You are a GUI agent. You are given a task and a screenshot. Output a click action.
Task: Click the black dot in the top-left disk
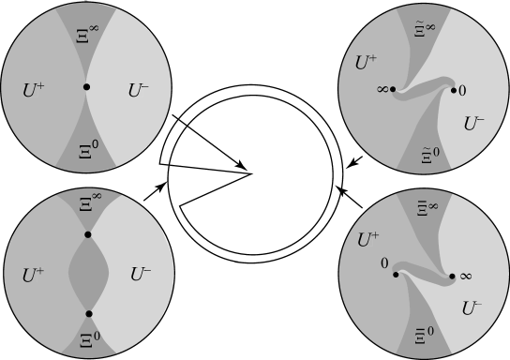pyautogui.click(x=86, y=87)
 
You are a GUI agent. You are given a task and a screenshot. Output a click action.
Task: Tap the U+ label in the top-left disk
pyautogui.click(x=31, y=92)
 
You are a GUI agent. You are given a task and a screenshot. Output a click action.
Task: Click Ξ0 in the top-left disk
pyautogui.click(x=86, y=148)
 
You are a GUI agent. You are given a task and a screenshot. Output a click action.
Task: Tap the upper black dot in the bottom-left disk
pyautogui.click(x=87, y=233)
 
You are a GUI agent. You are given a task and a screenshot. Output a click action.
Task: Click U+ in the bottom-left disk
pyautogui.click(x=32, y=275)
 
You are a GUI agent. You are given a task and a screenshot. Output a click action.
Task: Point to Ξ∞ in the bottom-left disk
pyautogui.click(x=87, y=201)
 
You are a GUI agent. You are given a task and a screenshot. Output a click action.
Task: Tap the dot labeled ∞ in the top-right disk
pyautogui.click(x=392, y=90)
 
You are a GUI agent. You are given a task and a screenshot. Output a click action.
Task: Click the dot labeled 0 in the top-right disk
pyautogui.click(x=455, y=90)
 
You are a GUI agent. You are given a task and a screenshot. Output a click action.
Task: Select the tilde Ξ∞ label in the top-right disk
pyautogui.click(x=425, y=31)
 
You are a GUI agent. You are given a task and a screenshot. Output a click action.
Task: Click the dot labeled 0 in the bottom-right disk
pyautogui.click(x=397, y=276)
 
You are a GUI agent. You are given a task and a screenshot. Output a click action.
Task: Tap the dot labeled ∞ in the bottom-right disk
pyautogui.click(x=453, y=276)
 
